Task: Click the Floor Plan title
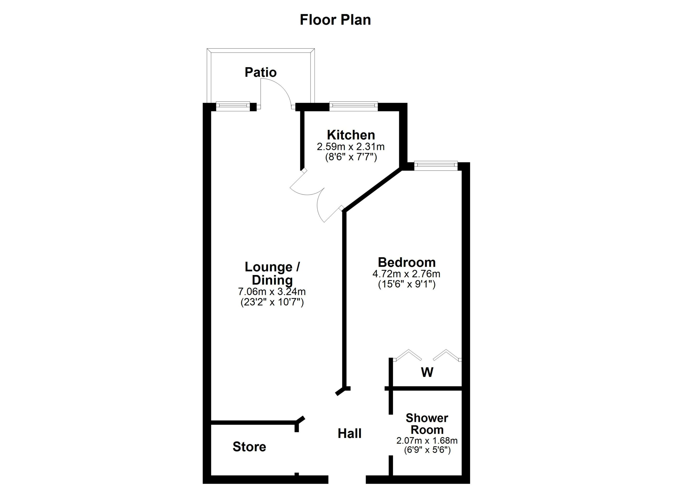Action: coord(335,20)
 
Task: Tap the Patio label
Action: coord(261,72)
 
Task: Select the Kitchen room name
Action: coord(351,135)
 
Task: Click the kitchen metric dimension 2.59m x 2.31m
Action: coord(351,146)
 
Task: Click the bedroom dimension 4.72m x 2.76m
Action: coord(406,273)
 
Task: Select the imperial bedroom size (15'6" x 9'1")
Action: coord(406,284)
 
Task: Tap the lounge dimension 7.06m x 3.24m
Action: coord(272,291)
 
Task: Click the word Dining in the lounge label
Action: coord(272,280)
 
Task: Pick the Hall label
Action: coord(350,434)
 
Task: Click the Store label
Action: coord(249,447)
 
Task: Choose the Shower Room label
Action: coord(427,424)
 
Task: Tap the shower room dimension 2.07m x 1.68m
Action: coord(427,441)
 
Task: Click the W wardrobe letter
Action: coord(427,372)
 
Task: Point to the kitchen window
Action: coord(353,106)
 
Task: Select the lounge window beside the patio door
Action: coord(233,106)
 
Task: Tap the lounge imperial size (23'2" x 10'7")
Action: coord(272,302)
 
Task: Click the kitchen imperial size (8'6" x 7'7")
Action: coord(351,157)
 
